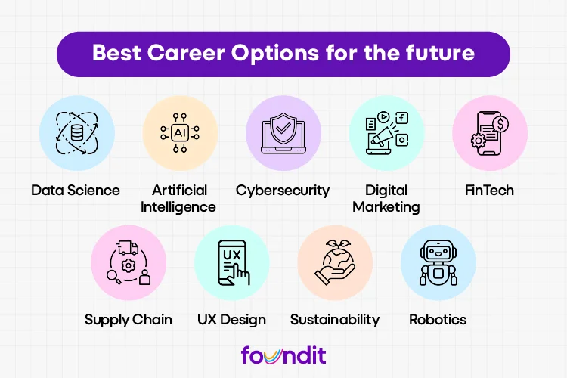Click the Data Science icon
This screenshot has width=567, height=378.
pos(76,133)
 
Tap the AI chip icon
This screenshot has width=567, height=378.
pos(180,132)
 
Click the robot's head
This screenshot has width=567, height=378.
pos(438,251)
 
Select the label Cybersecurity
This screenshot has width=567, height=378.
pos(283,190)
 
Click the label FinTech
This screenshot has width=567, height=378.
pos(490,190)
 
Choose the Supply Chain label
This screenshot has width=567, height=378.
pos(129,319)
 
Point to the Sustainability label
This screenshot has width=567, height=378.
pos(335,319)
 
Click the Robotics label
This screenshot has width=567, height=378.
pos(438,319)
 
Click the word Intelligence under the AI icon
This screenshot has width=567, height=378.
pos(179,206)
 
